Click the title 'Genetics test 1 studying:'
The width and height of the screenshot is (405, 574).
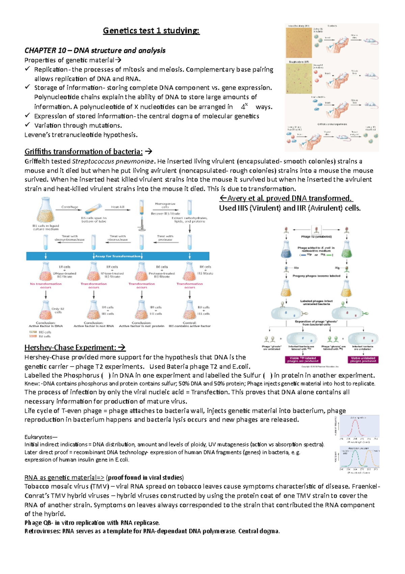click(x=151, y=31)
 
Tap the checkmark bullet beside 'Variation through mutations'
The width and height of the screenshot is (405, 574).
click(x=27, y=125)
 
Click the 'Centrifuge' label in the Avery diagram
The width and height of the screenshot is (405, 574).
click(x=70, y=207)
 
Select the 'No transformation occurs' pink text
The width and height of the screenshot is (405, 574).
click(x=46, y=286)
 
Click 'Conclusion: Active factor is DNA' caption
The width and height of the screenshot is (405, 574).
click(x=46, y=325)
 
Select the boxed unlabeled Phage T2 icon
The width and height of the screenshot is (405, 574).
click(x=316, y=230)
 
